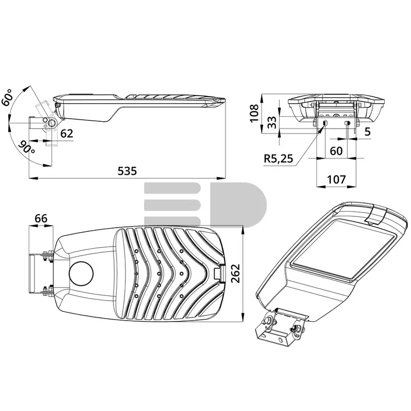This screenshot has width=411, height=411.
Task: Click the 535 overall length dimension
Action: (127, 171)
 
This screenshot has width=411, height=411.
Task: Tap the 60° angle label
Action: (7, 97)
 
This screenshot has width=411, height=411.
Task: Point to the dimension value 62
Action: (67, 134)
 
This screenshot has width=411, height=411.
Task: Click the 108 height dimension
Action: (254, 113)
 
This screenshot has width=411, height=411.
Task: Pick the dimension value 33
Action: (272, 122)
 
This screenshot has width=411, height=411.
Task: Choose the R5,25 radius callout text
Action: (278, 159)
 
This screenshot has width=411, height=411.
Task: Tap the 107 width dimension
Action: (337, 179)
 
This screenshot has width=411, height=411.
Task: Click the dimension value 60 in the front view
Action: (336, 151)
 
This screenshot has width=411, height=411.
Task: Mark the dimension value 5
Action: (368, 132)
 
